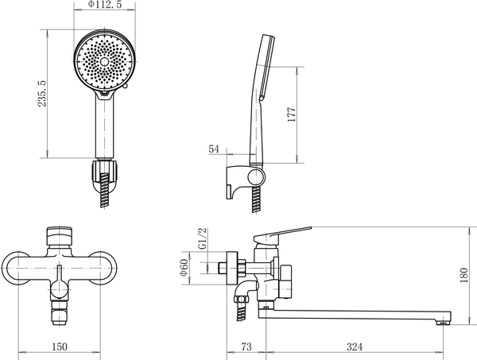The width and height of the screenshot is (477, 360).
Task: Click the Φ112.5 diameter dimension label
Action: [104, 4]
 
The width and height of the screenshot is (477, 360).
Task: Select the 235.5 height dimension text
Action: [42, 93]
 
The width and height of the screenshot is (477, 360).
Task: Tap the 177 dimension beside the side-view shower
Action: [292, 114]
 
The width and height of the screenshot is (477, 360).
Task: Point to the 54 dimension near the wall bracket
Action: [214, 149]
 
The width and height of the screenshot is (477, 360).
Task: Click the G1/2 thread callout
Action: [202, 238]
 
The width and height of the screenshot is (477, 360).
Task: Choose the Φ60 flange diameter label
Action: [184, 268]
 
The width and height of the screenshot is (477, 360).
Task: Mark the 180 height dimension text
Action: [463, 275]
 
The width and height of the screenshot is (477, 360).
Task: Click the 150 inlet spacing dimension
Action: [60, 346]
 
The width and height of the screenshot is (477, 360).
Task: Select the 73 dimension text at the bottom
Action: [246, 346]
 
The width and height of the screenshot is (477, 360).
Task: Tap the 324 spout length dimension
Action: [355, 346]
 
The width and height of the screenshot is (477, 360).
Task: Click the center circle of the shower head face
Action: [104, 62]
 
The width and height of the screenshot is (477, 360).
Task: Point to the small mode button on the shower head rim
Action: [126, 87]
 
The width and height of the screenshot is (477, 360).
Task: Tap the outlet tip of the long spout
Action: [444, 323]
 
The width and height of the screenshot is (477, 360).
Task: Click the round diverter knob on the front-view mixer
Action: [60, 289]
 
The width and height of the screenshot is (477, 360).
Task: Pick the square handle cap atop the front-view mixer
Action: [60, 236]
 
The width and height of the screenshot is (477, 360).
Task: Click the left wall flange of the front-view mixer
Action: [15, 268]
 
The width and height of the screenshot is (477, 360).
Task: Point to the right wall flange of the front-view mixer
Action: [103, 268]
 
